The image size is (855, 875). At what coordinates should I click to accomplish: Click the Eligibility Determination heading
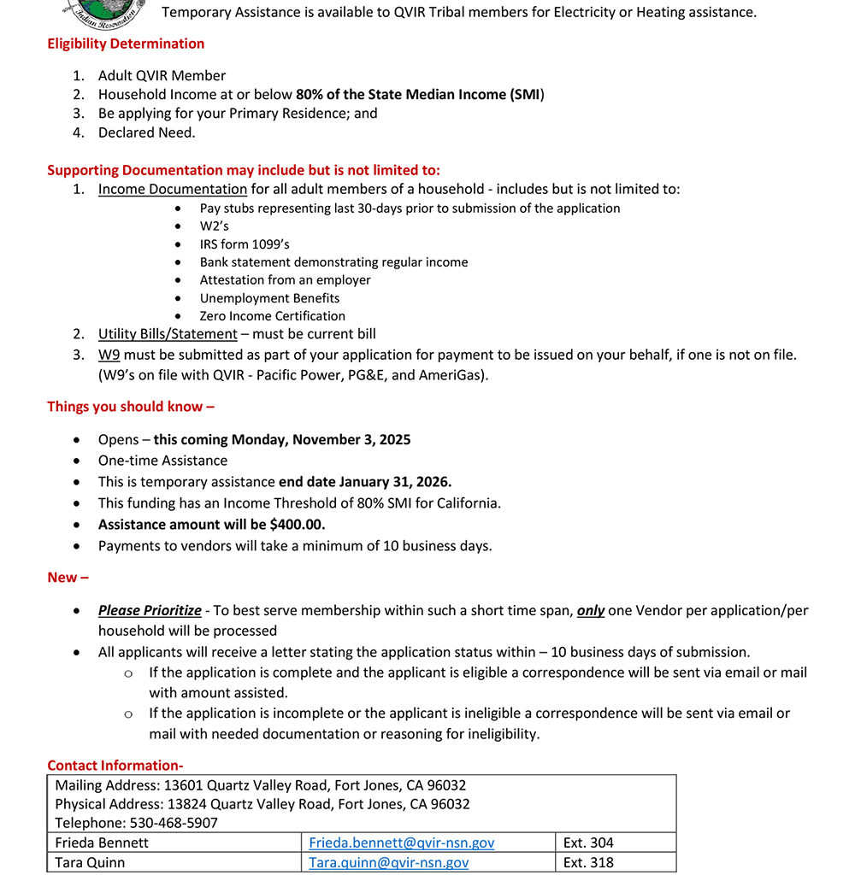126,44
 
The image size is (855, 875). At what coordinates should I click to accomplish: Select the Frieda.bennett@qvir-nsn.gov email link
402,843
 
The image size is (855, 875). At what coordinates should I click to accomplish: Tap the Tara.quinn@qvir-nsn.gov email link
389,862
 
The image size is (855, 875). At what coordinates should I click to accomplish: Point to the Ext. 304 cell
588,843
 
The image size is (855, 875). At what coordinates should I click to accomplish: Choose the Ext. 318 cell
588,862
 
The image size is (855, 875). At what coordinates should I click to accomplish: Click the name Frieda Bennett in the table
102,843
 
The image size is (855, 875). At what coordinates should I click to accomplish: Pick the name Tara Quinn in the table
90,862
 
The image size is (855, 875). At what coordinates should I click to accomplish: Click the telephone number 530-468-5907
174,823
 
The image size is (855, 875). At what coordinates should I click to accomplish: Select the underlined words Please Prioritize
150,610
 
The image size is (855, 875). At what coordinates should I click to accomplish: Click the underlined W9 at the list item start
109,355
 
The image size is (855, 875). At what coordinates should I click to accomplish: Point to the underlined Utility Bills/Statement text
168,334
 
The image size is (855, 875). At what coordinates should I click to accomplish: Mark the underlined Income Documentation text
173,189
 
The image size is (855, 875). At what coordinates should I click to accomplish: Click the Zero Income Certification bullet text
273,316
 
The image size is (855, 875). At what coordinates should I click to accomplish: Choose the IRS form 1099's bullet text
245,244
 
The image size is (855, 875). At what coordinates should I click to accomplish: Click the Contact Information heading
115,766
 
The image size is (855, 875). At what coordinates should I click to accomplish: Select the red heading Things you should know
131,407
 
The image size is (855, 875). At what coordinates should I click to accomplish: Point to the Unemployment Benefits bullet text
269,298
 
